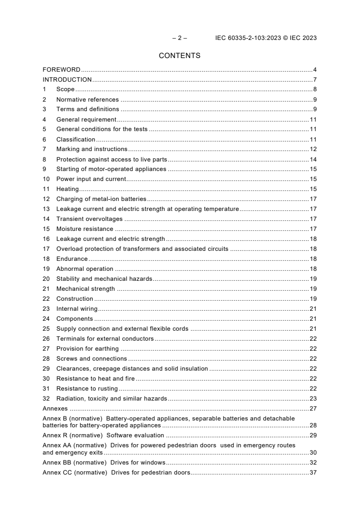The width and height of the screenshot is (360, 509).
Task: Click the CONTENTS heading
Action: pyautogui.click(x=179, y=56)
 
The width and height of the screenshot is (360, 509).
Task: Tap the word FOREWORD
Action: pyautogui.click(x=61, y=69)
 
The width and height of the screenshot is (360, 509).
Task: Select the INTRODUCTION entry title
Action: pyautogui.click(x=67, y=79)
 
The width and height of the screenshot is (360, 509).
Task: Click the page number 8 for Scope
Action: pyautogui.click(x=315, y=89)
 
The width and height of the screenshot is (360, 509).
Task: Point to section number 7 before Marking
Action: pyautogui.click(x=44, y=149)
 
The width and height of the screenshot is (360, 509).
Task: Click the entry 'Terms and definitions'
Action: pyautogui.click(x=88, y=109)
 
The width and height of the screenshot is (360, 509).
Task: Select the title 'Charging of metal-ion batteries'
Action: pyautogui.click(x=101, y=199)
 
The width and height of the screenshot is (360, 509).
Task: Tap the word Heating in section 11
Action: pyautogui.click(x=67, y=189)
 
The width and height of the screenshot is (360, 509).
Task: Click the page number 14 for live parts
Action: pyautogui.click(x=313, y=159)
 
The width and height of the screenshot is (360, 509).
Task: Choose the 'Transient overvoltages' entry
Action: pyautogui.click(x=89, y=219)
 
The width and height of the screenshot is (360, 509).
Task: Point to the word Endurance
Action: pyautogui.click(x=72, y=259)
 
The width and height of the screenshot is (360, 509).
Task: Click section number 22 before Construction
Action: pyautogui.click(x=46, y=299)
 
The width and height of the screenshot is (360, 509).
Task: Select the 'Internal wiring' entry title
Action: pyautogui.click(x=77, y=309)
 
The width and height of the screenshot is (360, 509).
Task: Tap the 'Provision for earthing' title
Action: pyautogui.click(x=87, y=349)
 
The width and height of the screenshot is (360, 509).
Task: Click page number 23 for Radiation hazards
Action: pyautogui.click(x=313, y=399)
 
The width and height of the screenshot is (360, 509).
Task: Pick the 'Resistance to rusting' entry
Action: pyautogui.click(x=87, y=389)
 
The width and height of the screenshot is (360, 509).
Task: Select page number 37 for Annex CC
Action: pyautogui.click(x=313, y=473)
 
